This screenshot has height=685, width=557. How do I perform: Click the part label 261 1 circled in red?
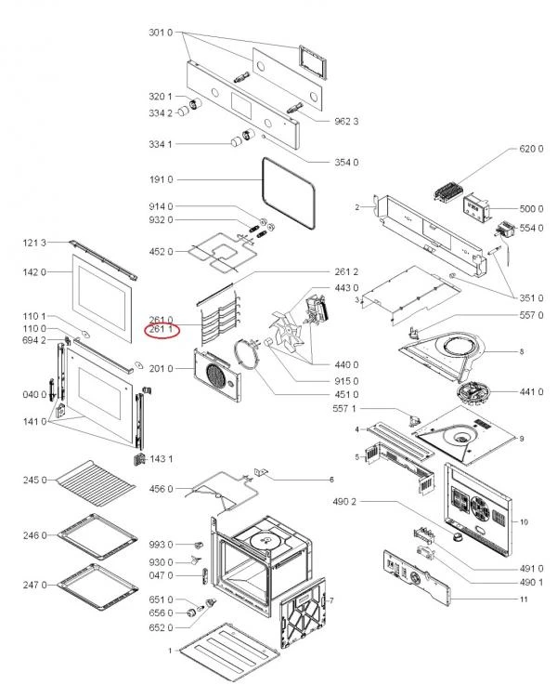tap(162, 331)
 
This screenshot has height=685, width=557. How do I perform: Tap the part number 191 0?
tap(162, 179)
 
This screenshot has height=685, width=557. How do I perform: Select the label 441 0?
tap(532, 391)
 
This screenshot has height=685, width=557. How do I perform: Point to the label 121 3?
tap(34, 243)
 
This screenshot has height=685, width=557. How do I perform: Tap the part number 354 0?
tap(346, 163)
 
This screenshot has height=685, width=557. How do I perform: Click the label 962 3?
tap(346, 122)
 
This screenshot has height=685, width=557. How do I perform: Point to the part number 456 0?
tap(162, 488)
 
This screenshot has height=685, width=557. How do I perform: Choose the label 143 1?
tap(162, 459)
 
